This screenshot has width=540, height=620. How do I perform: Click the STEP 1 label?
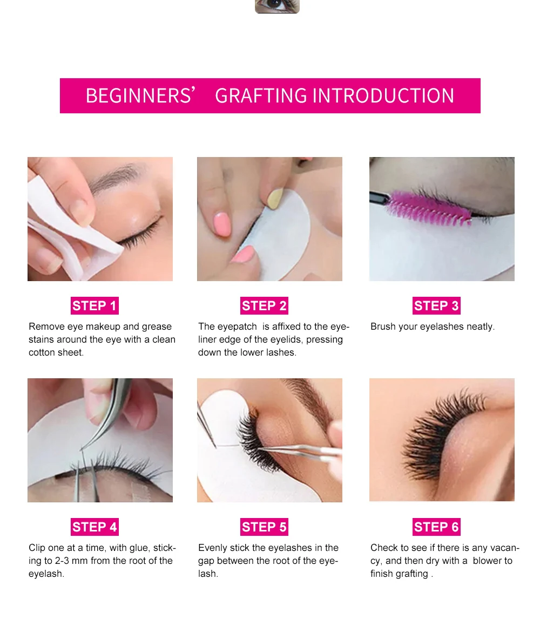pos(94,305)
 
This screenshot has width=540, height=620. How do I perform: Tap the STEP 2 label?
pos(264,305)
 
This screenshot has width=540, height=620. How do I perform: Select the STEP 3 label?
pos(436,305)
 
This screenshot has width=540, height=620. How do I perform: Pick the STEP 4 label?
pos(94,527)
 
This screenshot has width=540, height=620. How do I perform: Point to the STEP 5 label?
pos(264,527)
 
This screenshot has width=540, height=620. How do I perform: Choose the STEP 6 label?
pos(436,527)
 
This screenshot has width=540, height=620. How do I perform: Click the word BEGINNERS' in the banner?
pos(140,96)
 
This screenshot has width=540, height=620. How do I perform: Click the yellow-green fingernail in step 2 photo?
pos(275,198)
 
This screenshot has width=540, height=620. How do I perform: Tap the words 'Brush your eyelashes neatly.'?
pos(433,326)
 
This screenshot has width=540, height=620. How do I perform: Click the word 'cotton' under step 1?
pos(42,352)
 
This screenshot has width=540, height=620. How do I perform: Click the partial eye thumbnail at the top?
pos(278,6)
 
